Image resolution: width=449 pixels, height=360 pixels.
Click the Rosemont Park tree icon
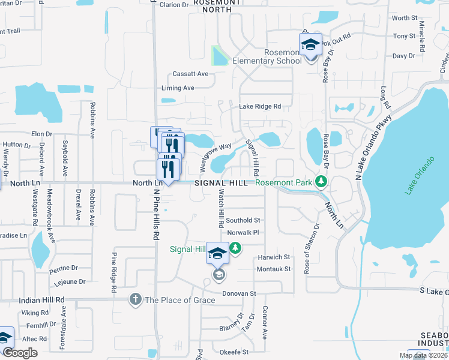click(322, 182)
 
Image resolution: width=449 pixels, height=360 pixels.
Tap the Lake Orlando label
click(419, 175)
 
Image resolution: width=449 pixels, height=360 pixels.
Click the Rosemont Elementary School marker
click(310, 46)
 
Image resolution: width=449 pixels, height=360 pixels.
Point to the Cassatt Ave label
click(190, 74)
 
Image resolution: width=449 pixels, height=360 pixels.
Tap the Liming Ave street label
click(178, 88)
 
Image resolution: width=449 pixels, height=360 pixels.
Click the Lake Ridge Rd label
click(260, 106)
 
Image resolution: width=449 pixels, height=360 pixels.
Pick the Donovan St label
click(240, 293)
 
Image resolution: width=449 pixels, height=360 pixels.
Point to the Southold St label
click(243, 220)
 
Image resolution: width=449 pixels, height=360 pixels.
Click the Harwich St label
click(274, 257)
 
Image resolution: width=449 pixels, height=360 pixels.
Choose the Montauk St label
click(274, 269)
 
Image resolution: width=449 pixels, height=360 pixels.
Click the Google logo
click(20, 353)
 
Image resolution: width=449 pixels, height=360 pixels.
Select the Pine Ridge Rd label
click(113, 272)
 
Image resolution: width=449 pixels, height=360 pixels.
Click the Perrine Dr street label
click(66, 268)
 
